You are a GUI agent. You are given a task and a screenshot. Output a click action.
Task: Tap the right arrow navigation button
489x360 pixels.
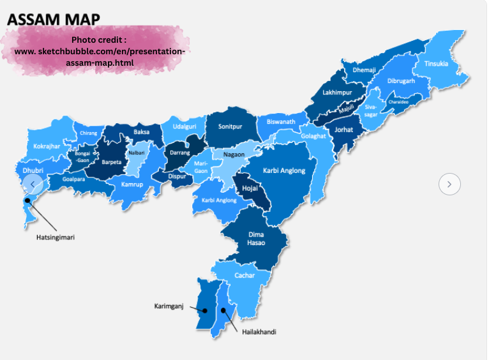[x=449, y=184]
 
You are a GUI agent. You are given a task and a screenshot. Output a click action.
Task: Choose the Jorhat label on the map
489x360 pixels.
[x=344, y=130]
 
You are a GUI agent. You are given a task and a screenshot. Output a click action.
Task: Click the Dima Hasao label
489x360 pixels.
[x=255, y=239]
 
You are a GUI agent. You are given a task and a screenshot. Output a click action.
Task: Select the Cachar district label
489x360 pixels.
[x=244, y=275]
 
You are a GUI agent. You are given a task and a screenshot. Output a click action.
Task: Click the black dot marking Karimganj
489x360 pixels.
[x=206, y=311]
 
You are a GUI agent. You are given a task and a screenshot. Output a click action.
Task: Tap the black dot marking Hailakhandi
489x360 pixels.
[x=223, y=311]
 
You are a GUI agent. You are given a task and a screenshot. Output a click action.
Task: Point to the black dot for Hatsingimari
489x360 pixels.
[x=27, y=200]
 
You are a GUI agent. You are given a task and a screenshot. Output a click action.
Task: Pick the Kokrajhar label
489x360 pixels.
[x=47, y=146]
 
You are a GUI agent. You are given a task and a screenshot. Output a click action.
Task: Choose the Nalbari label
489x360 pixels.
[x=137, y=153]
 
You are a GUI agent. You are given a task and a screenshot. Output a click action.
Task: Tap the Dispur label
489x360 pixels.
[x=177, y=176]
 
